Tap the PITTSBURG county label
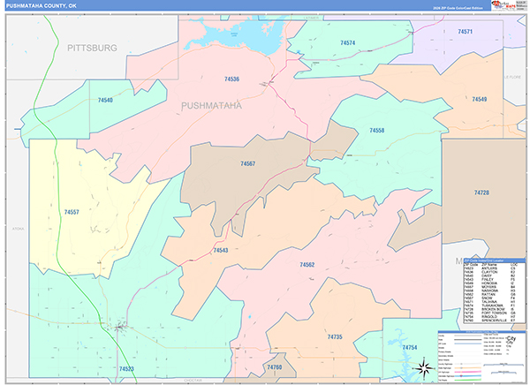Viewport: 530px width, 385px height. click(x=92, y=48)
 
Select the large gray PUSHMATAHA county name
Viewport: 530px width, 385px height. click(x=212, y=105)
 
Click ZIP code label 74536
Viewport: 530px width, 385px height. click(x=231, y=79)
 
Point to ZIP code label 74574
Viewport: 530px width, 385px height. click(x=347, y=42)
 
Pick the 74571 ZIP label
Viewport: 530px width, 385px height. click(x=466, y=31)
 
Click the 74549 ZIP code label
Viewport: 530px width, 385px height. click(x=480, y=99)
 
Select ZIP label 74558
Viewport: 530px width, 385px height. click(x=376, y=130)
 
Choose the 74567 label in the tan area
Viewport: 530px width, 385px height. click(x=247, y=163)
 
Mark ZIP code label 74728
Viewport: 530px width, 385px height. click(x=481, y=192)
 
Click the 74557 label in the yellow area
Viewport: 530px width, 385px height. click(x=72, y=212)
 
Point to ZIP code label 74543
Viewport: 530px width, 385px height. click(x=221, y=251)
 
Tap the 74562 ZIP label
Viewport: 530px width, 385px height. click(x=307, y=265)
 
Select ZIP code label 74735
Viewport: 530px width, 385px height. click(x=334, y=337)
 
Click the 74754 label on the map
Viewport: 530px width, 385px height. click(x=409, y=349)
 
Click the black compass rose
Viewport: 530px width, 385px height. click(x=422, y=367)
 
